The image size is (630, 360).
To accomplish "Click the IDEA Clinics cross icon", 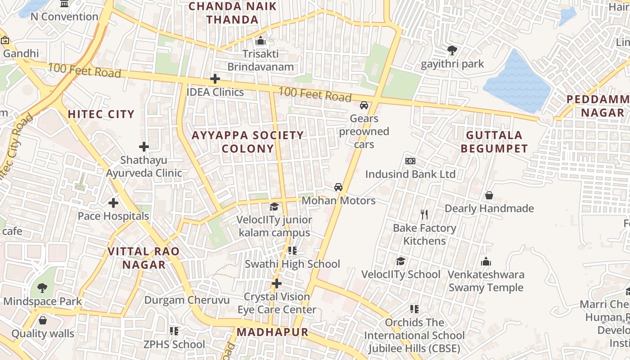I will point(215,79).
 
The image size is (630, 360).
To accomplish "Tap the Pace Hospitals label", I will point(113,216).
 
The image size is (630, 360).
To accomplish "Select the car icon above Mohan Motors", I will point(338,187).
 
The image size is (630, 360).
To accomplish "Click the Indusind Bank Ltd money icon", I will point(410,161).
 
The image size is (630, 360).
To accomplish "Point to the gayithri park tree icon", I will point(452,50).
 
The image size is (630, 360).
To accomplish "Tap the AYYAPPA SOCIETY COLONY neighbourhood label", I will point(248,142).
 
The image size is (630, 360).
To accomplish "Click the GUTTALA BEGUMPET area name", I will point(494,142).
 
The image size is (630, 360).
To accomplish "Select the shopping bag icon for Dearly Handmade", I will point(489,195).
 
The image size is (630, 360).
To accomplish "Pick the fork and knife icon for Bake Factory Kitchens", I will point(424,215).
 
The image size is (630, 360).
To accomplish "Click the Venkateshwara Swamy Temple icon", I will point(486,261).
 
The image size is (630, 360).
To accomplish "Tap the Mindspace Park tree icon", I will point(42,288).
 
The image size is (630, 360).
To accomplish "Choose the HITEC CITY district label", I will point(101,114).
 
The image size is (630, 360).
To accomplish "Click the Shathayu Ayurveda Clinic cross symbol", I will point(144,147).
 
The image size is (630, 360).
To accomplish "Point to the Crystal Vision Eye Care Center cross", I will point(277,283).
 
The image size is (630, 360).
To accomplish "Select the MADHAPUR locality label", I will point(272,333).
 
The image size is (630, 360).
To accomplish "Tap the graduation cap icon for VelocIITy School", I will point(400,261).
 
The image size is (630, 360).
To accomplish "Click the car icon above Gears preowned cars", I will point(364,105).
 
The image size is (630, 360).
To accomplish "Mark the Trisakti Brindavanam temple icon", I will point(261,41).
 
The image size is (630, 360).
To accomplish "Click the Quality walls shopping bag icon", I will point(42,320).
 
